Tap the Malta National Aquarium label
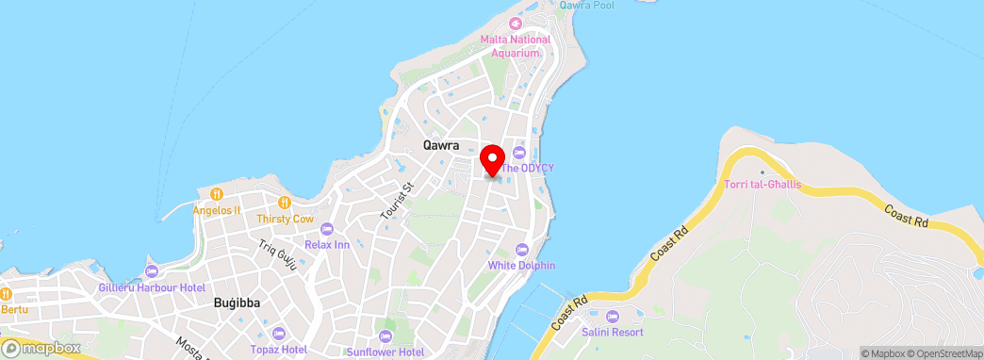[x=515, y=45]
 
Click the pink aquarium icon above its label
[x=515, y=23]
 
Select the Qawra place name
[x=441, y=146]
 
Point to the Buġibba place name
[x=237, y=303]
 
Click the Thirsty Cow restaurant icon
[x=285, y=202]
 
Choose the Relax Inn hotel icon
[x=327, y=229]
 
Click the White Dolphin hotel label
[x=521, y=265]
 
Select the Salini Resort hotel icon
[x=614, y=316]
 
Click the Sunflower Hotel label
[x=385, y=352]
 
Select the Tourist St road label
[x=396, y=201]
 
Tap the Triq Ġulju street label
[x=278, y=257]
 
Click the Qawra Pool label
[x=586, y=6]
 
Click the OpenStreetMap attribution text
[x=944, y=353]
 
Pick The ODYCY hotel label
[x=527, y=168]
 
